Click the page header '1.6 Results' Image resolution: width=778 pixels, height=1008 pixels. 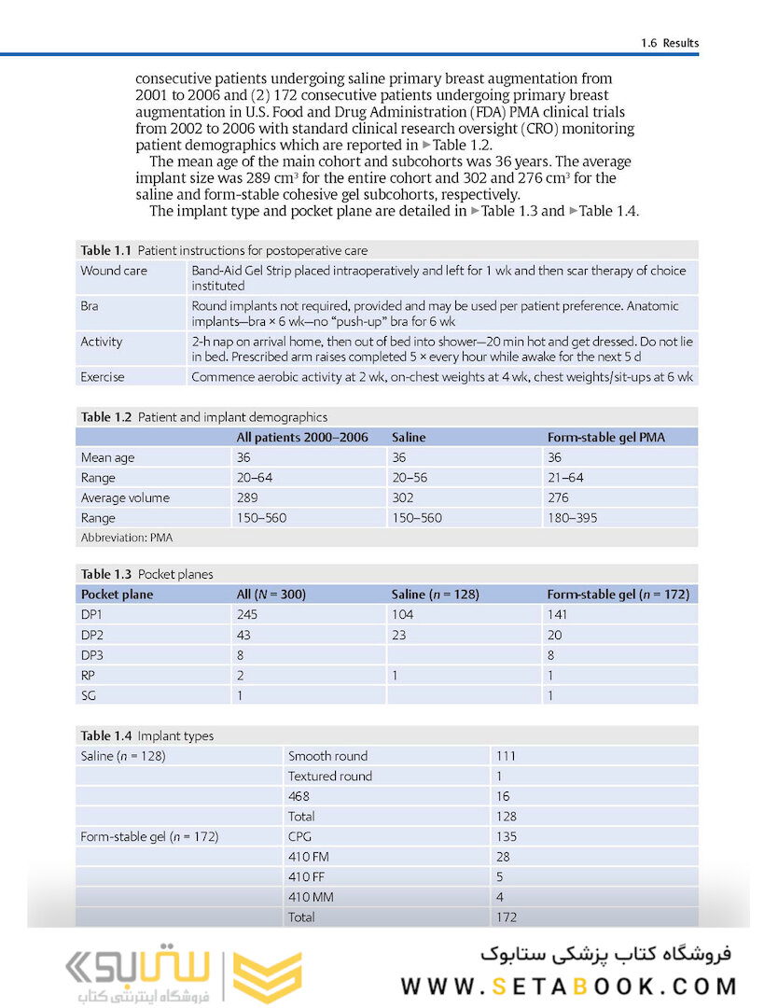coord(669,43)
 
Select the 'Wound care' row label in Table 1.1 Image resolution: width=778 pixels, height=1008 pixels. coord(113,271)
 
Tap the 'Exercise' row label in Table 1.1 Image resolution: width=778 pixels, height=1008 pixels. coord(103,377)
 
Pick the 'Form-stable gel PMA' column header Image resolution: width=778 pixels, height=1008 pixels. coord(605,437)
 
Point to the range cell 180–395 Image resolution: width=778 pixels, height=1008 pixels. coord(572,518)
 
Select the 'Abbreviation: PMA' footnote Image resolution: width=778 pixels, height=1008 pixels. coord(126,538)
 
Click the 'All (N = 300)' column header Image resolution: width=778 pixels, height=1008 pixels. coord(271,595)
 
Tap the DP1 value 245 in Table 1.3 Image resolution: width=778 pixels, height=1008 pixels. coord(247,615)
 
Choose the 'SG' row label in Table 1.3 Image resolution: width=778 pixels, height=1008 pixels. coord(89,696)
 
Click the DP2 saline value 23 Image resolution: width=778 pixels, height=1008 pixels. coord(398,636)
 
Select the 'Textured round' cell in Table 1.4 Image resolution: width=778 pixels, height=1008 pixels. coord(329,777)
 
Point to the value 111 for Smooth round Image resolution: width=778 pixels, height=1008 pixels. coord(506,756)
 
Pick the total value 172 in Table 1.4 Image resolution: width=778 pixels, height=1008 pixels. coord(506,917)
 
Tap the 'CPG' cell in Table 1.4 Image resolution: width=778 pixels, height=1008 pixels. coord(300,837)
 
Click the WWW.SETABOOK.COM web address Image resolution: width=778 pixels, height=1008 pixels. coord(569,986)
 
